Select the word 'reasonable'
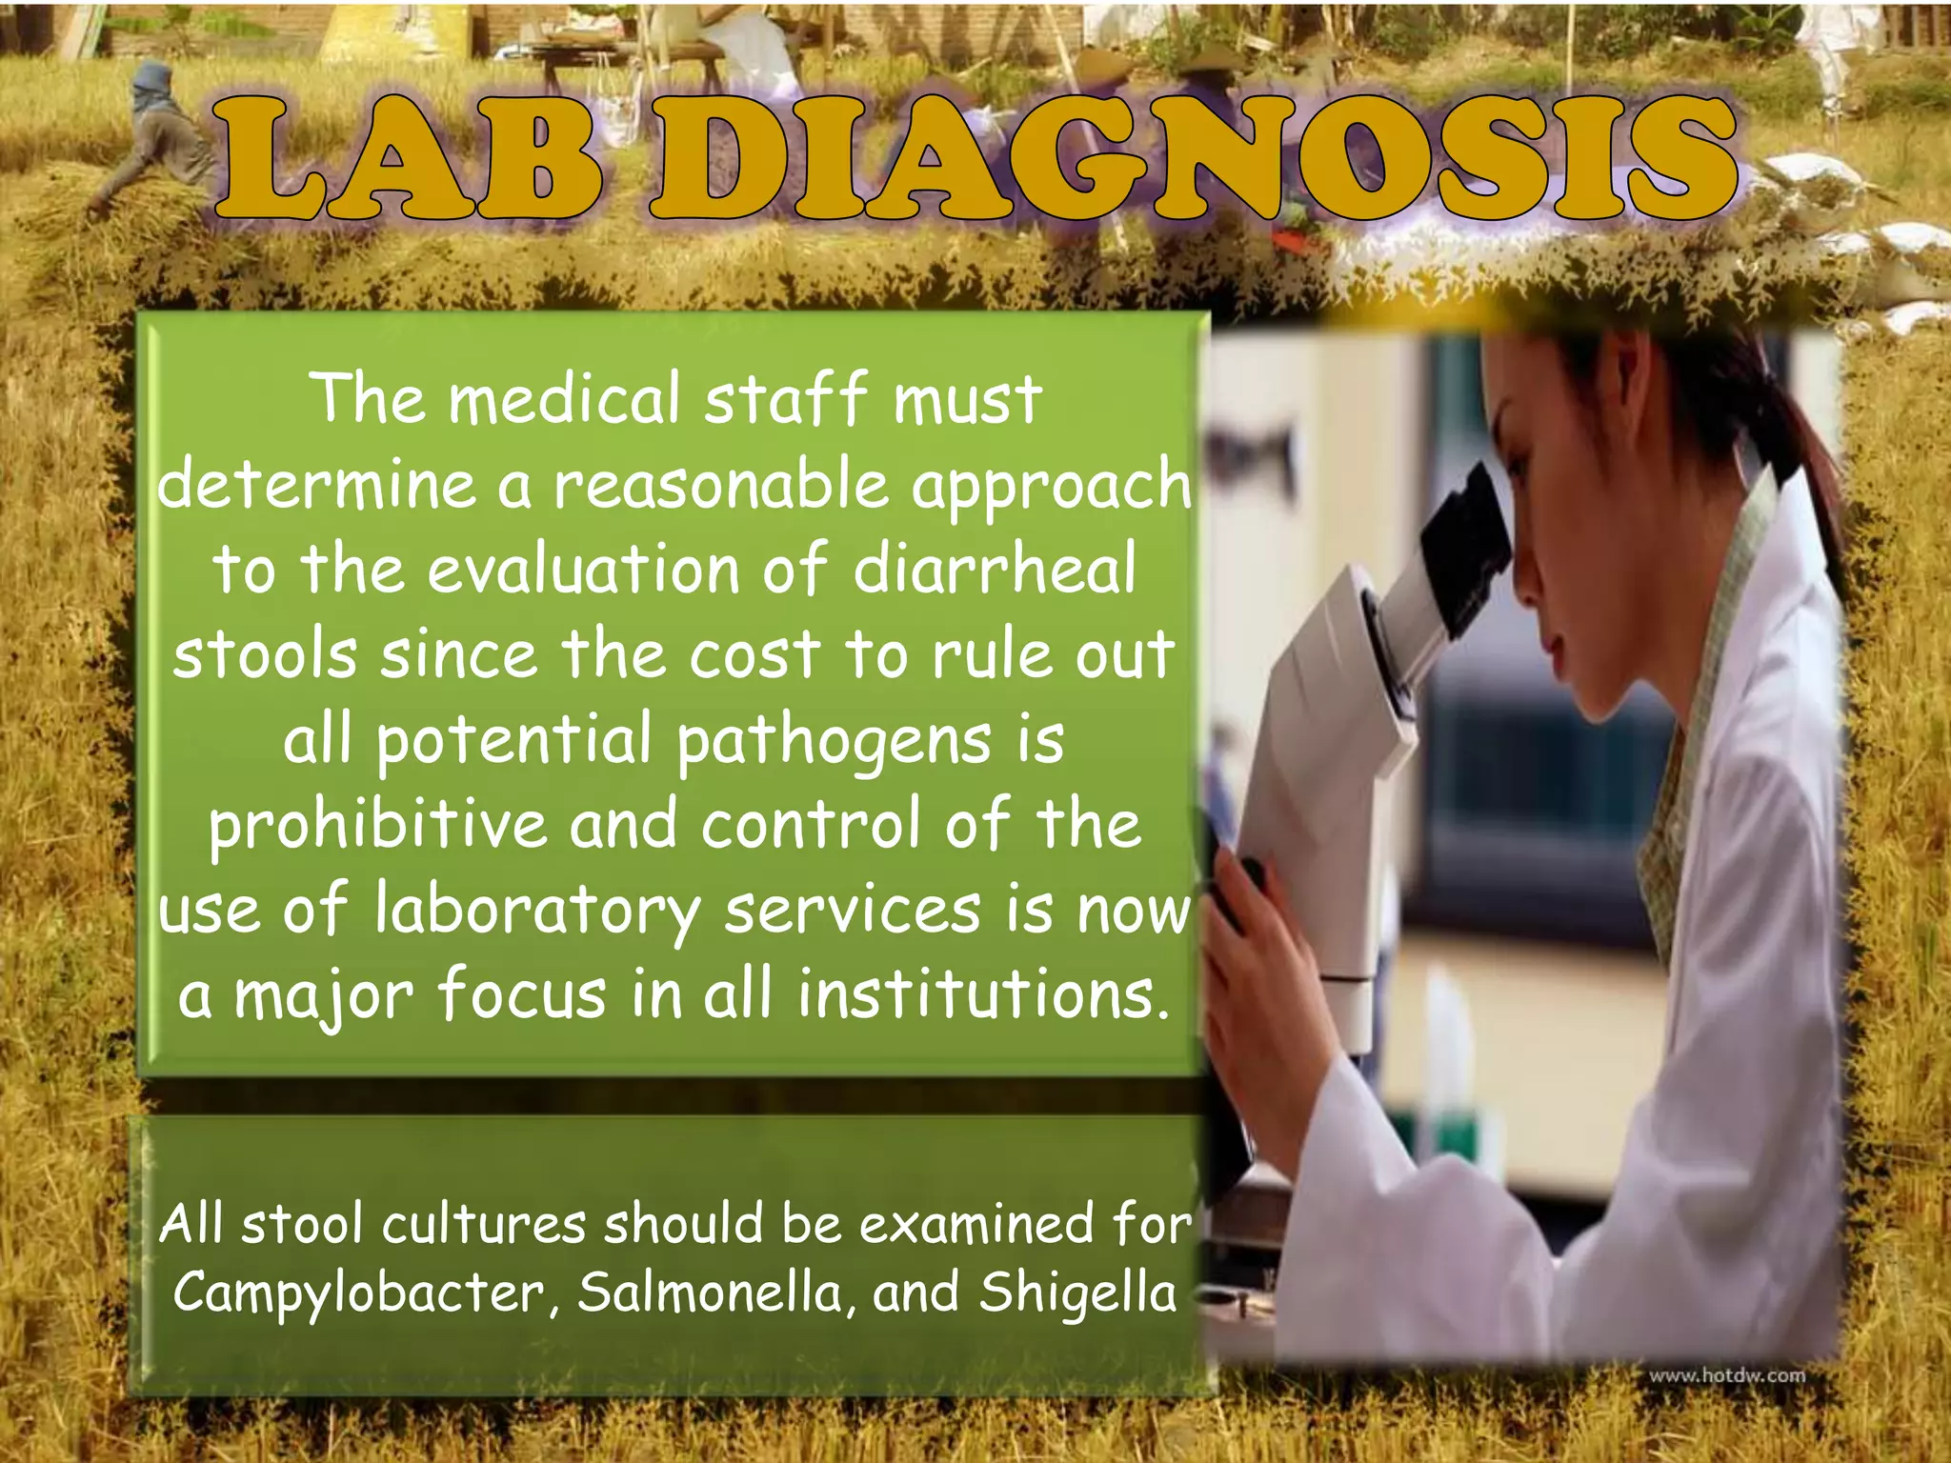(x=722, y=484)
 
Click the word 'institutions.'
(x=983, y=993)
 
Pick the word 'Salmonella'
(x=711, y=1293)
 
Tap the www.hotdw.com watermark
(x=1726, y=1375)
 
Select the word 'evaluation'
(x=583, y=570)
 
